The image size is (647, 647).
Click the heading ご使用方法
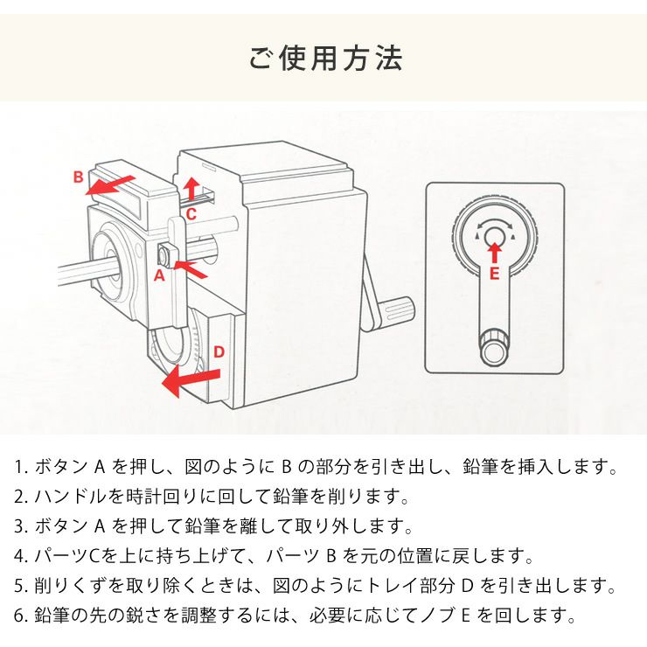[324, 59]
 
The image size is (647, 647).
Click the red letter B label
[78, 177]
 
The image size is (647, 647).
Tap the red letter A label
[158, 275]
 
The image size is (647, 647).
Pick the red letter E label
[494, 273]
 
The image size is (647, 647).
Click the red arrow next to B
[114, 184]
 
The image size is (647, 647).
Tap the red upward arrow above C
[192, 187]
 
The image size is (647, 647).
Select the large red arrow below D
[191, 379]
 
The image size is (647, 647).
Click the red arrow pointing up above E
[494, 252]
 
